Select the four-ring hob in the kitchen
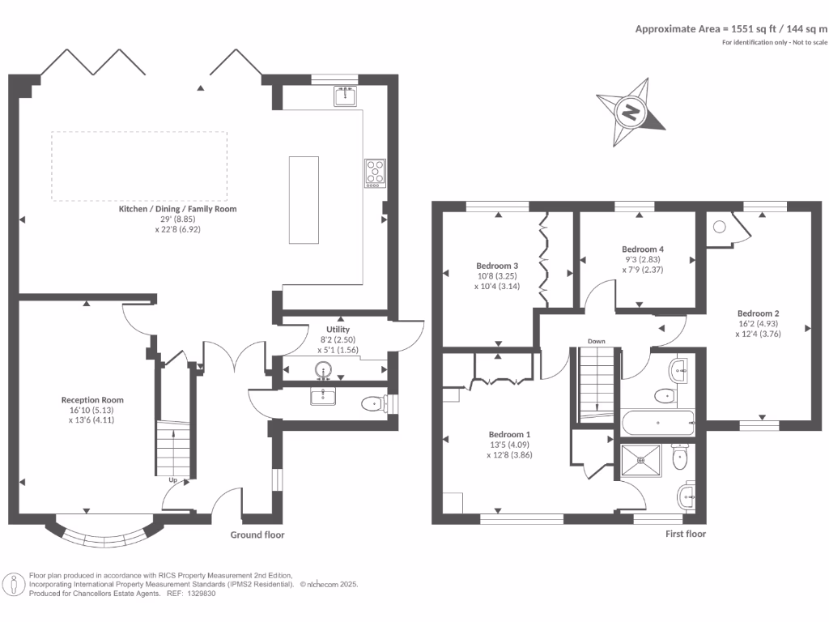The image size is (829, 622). [x=376, y=173]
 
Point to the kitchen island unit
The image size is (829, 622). [x=304, y=199]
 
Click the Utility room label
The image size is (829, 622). [x=338, y=330]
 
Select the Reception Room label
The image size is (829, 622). [x=92, y=400]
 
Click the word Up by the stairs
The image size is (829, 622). [x=173, y=480]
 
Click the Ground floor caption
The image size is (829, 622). [x=257, y=535]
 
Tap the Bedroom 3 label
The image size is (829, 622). [x=497, y=266]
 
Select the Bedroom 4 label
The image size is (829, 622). [x=643, y=249]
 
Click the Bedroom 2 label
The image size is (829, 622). [x=758, y=313]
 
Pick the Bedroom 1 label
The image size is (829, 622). [x=510, y=434]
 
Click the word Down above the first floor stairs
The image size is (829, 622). [x=597, y=341]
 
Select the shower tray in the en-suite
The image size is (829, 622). [x=641, y=458]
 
